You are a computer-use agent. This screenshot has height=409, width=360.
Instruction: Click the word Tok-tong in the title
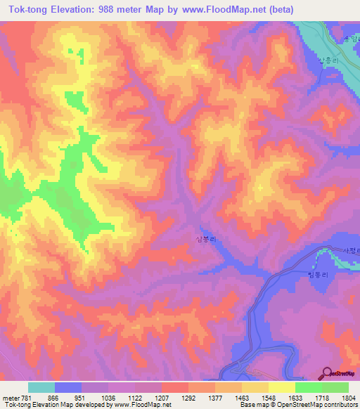[29, 9]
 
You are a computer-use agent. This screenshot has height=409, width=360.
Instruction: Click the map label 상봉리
[205, 239]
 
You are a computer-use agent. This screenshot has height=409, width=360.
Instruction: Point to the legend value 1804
[339, 398]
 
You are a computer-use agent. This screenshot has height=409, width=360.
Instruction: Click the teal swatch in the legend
[41, 387]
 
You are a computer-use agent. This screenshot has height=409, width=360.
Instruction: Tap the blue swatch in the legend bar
[68, 387]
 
